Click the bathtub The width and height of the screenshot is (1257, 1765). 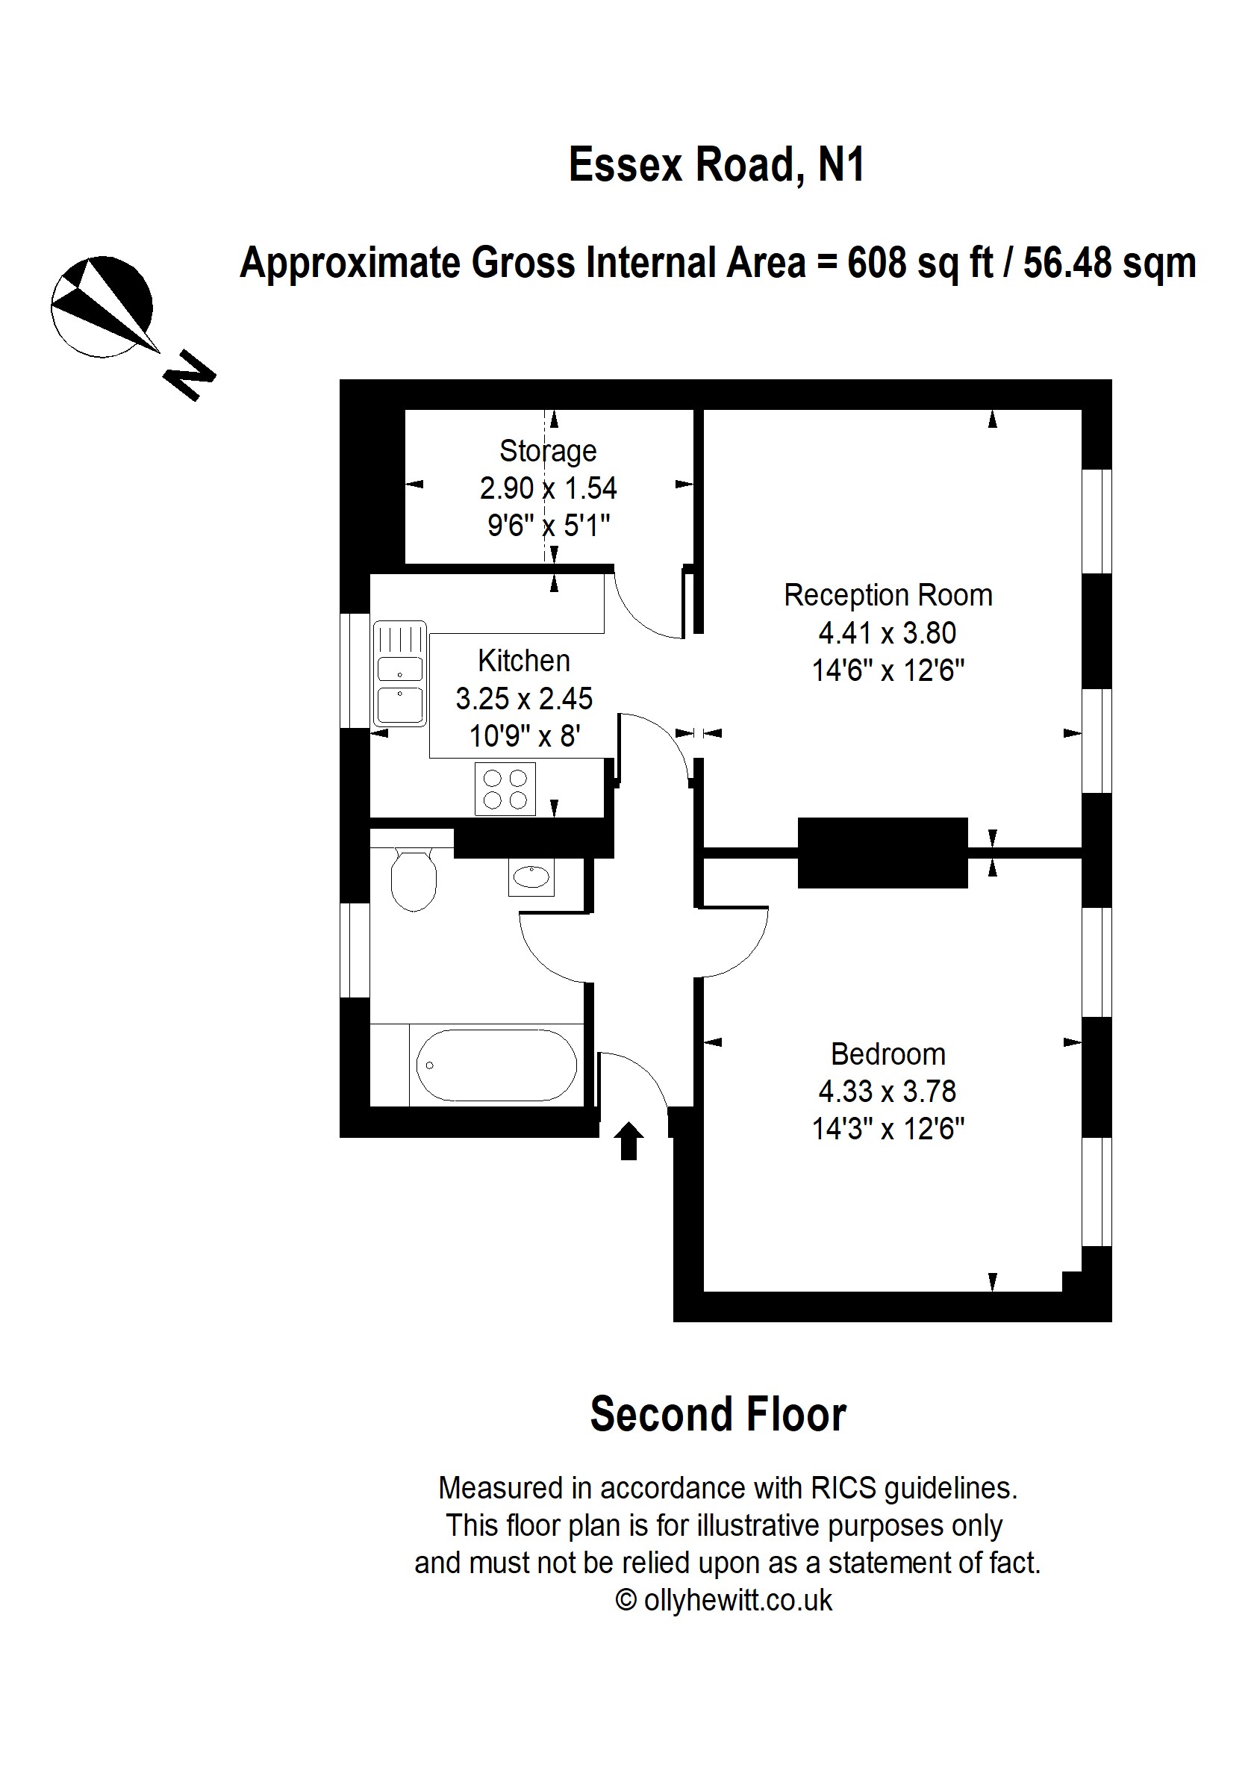pos(496,1065)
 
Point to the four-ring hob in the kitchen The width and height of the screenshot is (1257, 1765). pos(505,789)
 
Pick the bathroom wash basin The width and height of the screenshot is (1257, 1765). pos(531,877)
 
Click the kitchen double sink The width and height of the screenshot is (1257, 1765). pos(399,673)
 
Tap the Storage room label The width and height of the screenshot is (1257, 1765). pos(547,451)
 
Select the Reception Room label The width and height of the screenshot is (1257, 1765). pos(887,595)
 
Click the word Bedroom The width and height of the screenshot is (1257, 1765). pos(887,1054)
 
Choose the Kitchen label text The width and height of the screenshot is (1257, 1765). pos(523,661)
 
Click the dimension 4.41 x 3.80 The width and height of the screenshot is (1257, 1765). pos(887,633)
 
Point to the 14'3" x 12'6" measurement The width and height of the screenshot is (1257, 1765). pos(887,1130)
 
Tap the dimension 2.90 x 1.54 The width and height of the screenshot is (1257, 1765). pos(547,488)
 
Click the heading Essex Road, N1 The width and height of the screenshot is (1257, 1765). pos(716,165)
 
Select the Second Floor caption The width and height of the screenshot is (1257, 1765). pos(717,1415)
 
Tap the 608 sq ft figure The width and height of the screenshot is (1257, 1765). pos(920,264)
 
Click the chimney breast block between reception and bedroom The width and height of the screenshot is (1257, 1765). pos(882,853)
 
